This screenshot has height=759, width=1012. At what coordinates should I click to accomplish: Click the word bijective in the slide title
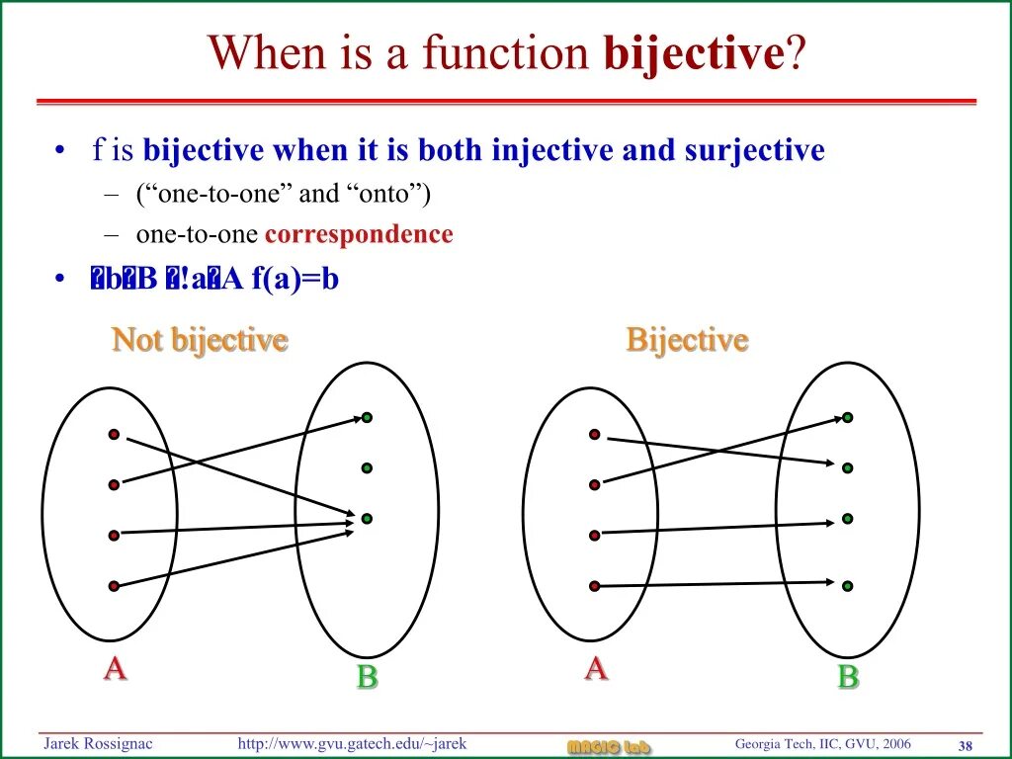pos(694,51)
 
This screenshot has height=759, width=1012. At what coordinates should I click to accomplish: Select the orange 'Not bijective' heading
pos(200,340)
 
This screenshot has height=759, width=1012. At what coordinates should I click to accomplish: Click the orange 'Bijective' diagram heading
pos(687,340)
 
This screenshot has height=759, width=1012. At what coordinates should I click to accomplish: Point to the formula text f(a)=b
pos(295,280)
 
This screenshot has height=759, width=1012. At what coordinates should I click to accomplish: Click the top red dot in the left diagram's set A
pos(114,434)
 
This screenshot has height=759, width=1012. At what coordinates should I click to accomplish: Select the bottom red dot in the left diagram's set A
pos(114,586)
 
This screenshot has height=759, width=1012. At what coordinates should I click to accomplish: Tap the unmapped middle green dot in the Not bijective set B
pos(367,467)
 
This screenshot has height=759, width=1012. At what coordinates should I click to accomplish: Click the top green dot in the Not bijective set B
pos(367,417)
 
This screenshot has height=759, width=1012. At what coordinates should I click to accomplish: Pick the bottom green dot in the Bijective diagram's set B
pos(847,586)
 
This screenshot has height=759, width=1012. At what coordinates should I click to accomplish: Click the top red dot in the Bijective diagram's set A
pos(594,434)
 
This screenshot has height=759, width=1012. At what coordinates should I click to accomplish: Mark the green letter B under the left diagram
pos(367,677)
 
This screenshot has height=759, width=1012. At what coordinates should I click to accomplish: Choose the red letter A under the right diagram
pos(596,669)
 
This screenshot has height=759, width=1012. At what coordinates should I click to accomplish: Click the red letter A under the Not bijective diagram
pos(116,669)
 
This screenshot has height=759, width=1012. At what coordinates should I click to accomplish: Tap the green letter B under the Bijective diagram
pos(847,677)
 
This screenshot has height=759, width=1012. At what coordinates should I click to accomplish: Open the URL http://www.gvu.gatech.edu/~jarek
pos(352,743)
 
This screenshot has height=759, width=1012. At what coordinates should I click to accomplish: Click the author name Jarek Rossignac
pos(97,743)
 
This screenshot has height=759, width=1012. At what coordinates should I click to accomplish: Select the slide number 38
pos(966,744)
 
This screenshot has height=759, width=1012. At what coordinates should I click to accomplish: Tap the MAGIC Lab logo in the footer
pos(609,746)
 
